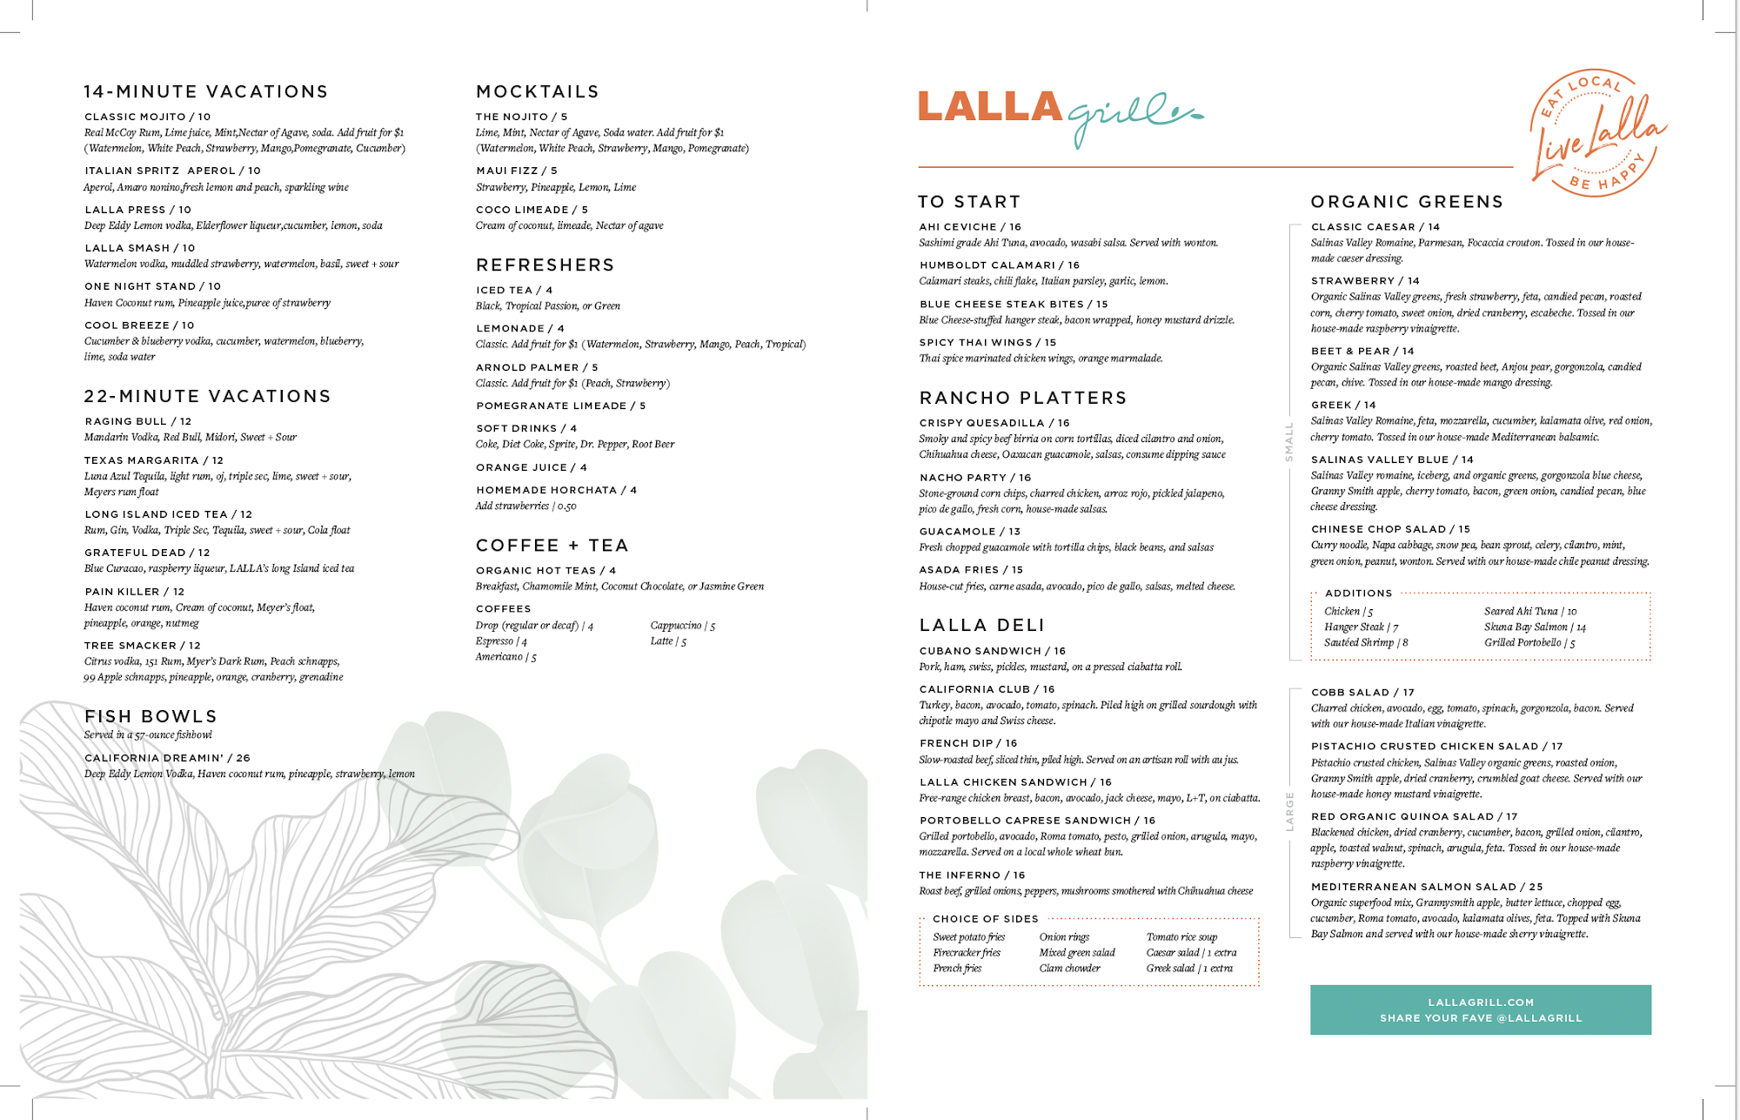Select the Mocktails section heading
(538, 92)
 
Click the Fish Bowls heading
(151, 716)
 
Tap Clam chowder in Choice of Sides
(1069, 969)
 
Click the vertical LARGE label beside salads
(1289, 811)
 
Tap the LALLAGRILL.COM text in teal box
(1481, 1003)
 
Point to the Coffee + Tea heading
(552, 546)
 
